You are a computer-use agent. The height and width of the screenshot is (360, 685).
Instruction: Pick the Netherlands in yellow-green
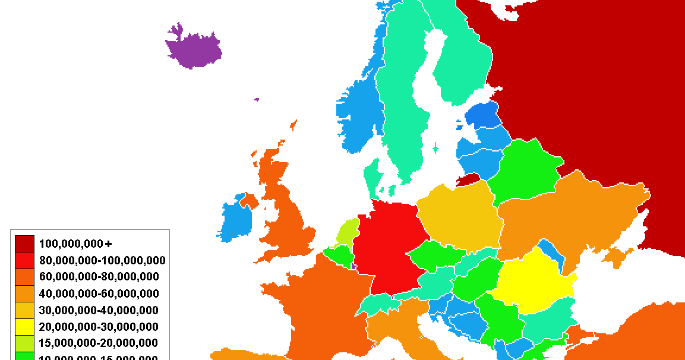tap(348, 232)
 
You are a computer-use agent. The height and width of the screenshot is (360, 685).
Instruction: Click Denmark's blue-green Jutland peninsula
tap(372, 178)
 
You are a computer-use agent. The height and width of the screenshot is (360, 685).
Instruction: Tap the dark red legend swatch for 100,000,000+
tap(25, 244)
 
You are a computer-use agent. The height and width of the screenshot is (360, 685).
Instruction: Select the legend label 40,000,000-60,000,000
tap(99, 293)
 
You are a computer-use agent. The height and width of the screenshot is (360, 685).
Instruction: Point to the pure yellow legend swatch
tap(25, 327)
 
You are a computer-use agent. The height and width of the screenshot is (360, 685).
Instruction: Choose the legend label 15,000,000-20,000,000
tap(99, 343)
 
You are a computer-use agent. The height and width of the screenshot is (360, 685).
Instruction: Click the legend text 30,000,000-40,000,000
tap(99, 310)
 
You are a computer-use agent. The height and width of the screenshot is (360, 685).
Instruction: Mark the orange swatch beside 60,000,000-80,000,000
tap(25, 277)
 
